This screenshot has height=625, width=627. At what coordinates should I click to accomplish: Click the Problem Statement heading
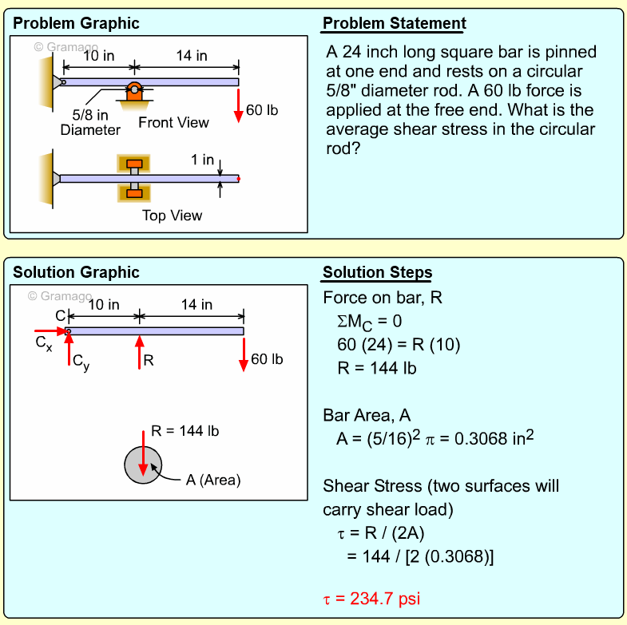point(394,24)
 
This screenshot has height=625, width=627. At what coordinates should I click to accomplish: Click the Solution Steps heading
point(377,273)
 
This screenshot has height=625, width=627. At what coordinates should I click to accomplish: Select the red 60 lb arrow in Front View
point(238,105)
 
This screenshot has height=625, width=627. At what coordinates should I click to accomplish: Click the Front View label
point(173,123)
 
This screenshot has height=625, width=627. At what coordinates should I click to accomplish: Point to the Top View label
point(172,216)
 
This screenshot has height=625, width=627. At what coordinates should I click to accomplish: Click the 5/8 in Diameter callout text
point(90,122)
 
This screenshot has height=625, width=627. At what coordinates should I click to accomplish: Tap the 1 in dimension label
point(202,160)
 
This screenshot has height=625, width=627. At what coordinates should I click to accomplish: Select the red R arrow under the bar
point(140,352)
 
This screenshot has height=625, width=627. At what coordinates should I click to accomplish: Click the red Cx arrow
point(50,330)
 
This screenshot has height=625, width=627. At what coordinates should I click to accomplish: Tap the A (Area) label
point(212,480)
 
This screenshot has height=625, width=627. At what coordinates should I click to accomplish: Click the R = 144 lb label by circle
point(185,431)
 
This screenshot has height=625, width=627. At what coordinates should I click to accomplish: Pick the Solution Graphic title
point(76,273)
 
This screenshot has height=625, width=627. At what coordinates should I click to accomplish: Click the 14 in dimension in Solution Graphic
point(196,305)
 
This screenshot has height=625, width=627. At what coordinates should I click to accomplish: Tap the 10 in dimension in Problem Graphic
point(98,56)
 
